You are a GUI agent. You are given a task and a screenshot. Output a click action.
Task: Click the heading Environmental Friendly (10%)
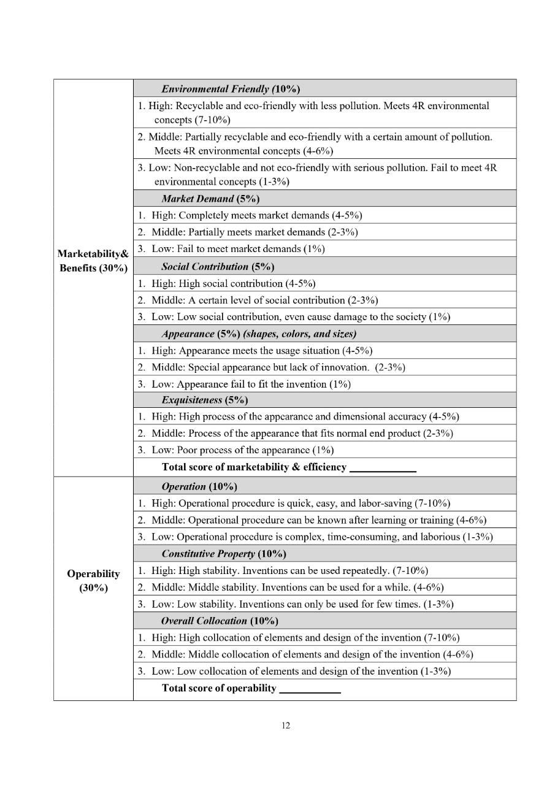point(230,90)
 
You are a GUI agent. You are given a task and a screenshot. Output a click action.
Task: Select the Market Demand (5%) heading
point(210,199)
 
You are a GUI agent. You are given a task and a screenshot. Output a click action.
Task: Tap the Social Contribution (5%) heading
point(218,266)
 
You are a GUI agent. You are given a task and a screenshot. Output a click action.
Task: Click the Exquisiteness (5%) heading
point(204,400)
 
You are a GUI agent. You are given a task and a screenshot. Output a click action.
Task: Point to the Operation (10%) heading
point(199,486)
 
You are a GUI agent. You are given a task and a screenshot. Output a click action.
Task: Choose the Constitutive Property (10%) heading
point(224,554)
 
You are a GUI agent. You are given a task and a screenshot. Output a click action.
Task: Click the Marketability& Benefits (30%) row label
point(93,261)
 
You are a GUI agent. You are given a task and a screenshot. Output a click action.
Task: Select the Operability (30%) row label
point(93,580)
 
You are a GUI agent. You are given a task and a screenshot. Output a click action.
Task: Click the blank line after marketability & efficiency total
point(383,468)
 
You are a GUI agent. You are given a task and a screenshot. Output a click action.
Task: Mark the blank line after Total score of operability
point(310,689)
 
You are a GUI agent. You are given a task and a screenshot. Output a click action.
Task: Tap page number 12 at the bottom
point(286,726)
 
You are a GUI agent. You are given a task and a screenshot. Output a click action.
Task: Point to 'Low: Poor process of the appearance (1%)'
point(242,450)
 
